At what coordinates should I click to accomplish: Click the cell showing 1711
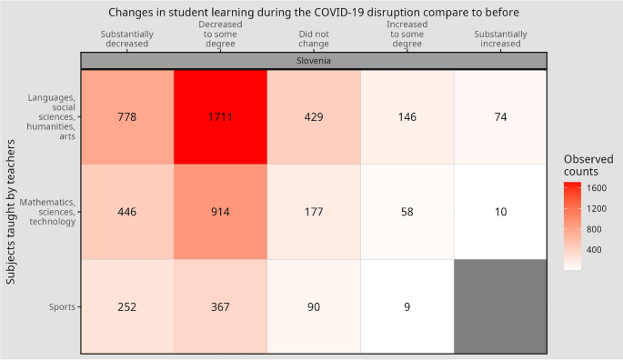point(220,117)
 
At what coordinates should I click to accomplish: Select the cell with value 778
point(127,117)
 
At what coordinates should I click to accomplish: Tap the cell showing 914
point(220,212)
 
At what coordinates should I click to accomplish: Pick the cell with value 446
point(127,212)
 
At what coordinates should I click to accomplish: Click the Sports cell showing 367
point(220,306)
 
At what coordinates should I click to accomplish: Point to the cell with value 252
point(127,306)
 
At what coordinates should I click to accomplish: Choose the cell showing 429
point(314,117)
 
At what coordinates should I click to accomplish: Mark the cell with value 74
point(499,117)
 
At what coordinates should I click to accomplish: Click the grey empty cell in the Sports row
point(499,306)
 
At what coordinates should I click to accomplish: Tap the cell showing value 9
point(407,306)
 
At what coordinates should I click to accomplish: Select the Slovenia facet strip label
point(314,60)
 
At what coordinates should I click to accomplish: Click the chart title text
point(314,12)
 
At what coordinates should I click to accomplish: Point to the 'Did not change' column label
point(314,37)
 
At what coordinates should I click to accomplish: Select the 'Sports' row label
point(62,307)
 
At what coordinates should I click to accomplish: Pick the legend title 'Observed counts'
point(587,165)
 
